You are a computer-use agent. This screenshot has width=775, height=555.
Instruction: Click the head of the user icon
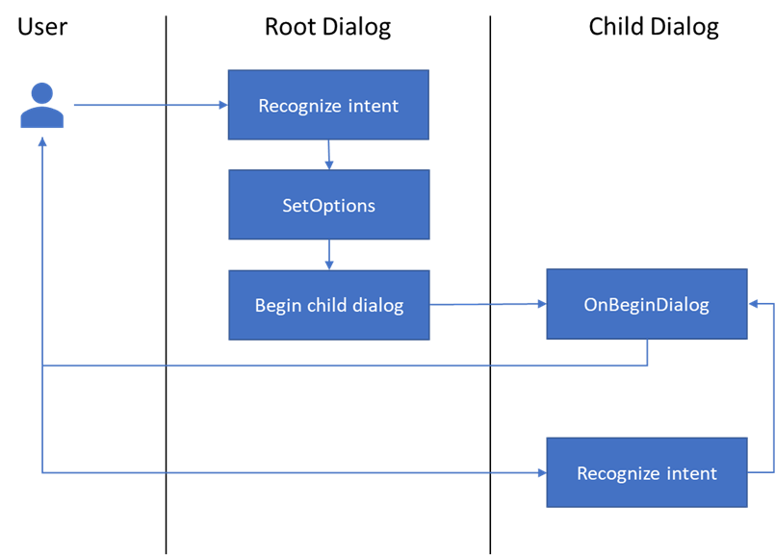coord(42,93)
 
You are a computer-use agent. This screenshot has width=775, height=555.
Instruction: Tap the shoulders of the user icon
coord(42,118)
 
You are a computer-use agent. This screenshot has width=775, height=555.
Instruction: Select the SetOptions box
coord(328,205)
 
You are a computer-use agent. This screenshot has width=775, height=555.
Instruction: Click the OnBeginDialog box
coord(646,305)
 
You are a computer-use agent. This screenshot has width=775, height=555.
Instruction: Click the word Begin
coord(277,306)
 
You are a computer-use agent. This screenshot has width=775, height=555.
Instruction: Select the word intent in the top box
coord(374,106)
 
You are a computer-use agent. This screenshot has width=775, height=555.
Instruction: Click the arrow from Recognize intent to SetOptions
coord(329,154)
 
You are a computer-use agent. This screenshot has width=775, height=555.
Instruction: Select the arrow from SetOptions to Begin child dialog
coord(329,254)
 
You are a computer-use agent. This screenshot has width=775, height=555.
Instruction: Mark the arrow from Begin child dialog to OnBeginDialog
coord(487,304)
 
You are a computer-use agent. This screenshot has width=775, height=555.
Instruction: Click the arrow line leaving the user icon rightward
coord(144,105)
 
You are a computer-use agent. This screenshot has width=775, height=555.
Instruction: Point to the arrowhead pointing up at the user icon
coord(42,141)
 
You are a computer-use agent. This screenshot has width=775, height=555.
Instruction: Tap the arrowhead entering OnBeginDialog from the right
coord(754,304)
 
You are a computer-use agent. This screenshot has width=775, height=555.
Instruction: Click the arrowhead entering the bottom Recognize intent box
coord(540,472)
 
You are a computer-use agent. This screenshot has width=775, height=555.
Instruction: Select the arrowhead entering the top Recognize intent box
coord(221,105)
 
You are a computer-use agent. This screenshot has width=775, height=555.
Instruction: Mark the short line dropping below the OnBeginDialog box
coord(647,353)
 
